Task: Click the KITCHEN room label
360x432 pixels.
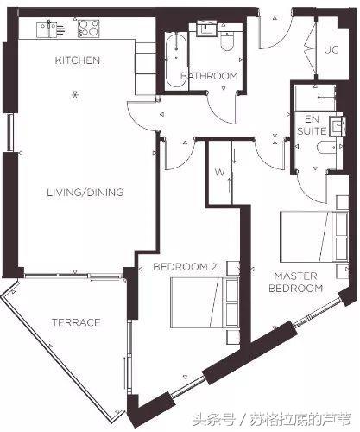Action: (x=78, y=60)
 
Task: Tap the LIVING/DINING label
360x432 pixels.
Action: (x=85, y=193)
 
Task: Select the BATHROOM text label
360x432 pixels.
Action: (x=209, y=76)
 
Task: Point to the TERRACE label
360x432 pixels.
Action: (x=76, y=322)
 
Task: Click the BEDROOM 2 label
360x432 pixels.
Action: (x=185, y=267)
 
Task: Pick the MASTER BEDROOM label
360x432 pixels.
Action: (x=295, y=283)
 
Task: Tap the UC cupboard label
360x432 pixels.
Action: (x=332, y=49)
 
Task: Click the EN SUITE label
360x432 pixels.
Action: (x=312, y=125)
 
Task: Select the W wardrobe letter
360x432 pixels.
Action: (x=219, y=173)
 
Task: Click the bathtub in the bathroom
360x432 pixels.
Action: (x=176, y=59)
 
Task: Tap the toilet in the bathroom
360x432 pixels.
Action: (x=227, y=41)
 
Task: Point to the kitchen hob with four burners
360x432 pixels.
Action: (x=88, y=29)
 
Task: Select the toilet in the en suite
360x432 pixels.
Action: (x=326, y=148)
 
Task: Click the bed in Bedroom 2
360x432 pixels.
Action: (x=205, y=302)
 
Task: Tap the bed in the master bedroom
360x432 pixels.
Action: (x=314, y=237)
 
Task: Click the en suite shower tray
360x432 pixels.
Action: (x=315, y=98)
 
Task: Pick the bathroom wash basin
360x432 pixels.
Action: (x=205, y=29)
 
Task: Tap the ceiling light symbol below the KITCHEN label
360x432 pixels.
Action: (x=75, y=94)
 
